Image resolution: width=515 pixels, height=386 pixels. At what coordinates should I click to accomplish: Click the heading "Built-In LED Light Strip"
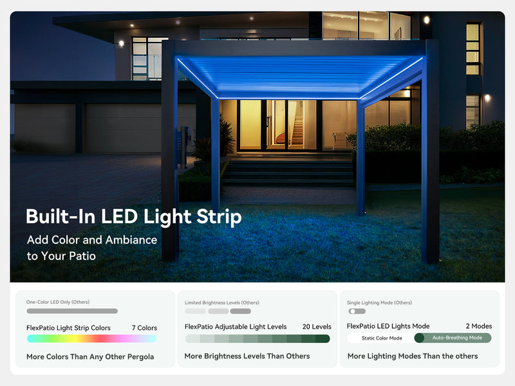coord(133,217)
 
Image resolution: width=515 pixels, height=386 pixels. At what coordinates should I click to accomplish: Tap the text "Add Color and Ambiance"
coord(91,240)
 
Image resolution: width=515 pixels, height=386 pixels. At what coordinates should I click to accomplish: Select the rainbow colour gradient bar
coord(91,338)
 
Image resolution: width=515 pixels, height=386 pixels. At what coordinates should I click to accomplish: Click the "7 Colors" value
coord(144,328)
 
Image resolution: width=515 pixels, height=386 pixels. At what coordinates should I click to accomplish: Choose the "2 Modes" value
coord(478,326)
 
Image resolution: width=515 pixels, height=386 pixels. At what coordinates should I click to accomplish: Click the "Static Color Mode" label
coord(382,338)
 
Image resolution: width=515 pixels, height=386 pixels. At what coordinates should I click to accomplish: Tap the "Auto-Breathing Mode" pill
coord(456,338)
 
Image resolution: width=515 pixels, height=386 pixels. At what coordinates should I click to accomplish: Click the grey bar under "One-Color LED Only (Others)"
coord(72,311)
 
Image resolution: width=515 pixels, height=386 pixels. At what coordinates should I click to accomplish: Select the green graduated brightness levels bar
coord(257,338)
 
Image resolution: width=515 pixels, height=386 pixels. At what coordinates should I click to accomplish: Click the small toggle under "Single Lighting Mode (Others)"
coord(356,311)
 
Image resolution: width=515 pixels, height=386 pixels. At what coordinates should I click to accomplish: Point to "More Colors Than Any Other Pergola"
coord(90,356)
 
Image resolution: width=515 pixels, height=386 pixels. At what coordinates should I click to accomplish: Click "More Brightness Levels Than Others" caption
coord(247,356)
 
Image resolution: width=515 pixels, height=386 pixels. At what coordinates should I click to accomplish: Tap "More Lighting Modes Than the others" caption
coord(413,356)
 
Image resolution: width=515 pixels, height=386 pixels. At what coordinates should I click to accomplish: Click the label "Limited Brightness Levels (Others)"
coord(222,302)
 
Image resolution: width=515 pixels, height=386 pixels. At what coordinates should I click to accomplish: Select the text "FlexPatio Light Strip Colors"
coord(68,328)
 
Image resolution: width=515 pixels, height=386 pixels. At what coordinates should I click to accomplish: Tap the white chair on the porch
coord(339,140)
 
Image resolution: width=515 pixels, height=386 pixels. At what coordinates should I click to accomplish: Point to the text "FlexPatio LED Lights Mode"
coord(388,326)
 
